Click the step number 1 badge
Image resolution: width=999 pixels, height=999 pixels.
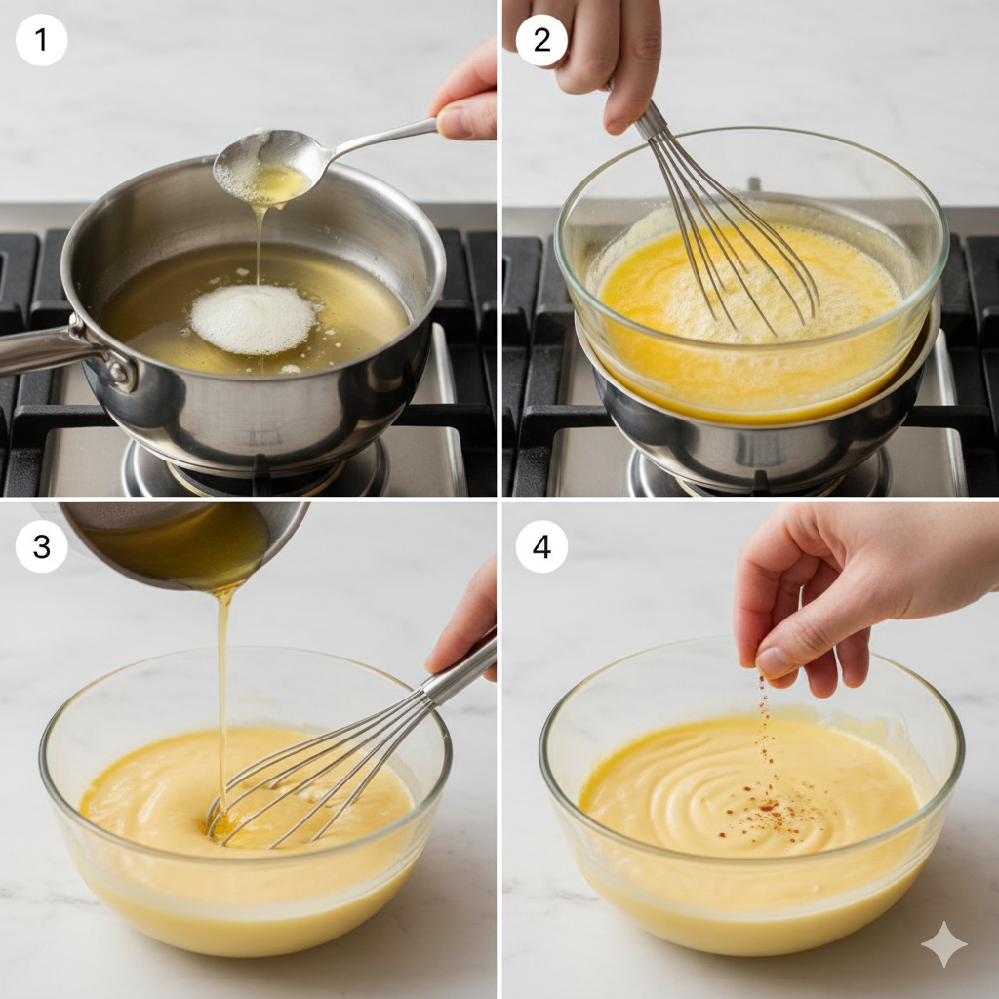click(41, 39)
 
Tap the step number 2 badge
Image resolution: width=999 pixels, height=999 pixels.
click(541, 39)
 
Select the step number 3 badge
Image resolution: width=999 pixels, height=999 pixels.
click(41, 546)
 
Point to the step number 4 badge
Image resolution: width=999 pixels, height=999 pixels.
click(541, 546)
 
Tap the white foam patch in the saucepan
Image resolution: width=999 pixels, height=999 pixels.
click(254, 319)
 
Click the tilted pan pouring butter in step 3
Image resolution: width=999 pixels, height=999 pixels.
click(184, 541)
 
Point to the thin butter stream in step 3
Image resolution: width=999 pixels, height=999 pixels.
click(221, 695)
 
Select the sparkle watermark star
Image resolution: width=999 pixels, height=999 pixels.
click(943, 943)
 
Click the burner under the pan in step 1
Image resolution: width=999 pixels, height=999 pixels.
click(255, 471)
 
